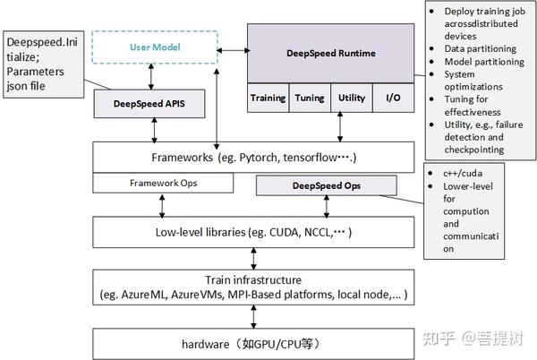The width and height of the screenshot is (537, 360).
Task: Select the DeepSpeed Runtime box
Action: pyautogui.click(x=331, y=53)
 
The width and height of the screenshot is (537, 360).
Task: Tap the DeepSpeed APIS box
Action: pyautogui.click(x=149, y=104)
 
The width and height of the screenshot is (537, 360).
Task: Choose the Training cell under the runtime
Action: pyautogui.click(x=268, y=98)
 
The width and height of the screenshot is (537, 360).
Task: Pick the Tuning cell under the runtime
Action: pyautogui.click(x=310, y=98)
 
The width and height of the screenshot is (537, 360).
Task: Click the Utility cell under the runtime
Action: pyautogui.click(x=352, y=98)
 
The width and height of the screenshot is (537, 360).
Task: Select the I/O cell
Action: pyautogui.click(x=394, y=98)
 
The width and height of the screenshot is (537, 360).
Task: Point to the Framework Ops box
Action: pyautogui.click(x=163, y=183)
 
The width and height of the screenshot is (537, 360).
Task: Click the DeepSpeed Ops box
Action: pyautogui.click(x=327, y=185)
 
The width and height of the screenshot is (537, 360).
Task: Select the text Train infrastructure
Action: pyautogui.click(x=253, y=279)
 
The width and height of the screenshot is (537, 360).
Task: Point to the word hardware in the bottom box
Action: pyautogui.click(x=206, y=344)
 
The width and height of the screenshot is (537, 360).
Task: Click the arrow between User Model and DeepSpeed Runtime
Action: pyautogui.click(x=234, y=51)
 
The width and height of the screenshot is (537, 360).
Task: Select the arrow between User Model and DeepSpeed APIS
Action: pyautogui.click(x=151, y=77)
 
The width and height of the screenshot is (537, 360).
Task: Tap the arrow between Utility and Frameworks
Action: pyautogui.click(x=340, y=127)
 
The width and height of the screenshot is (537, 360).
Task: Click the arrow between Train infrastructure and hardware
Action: pyautogui.click(x=253, y=317)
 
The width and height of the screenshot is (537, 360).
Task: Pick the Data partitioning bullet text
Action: pyautogui.click(x=480, y=49)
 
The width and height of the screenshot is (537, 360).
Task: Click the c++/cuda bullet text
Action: pyautogui.click(x=463, y=174)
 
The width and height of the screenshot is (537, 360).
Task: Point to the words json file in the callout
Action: pyautogui.click(x=26, y=86)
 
